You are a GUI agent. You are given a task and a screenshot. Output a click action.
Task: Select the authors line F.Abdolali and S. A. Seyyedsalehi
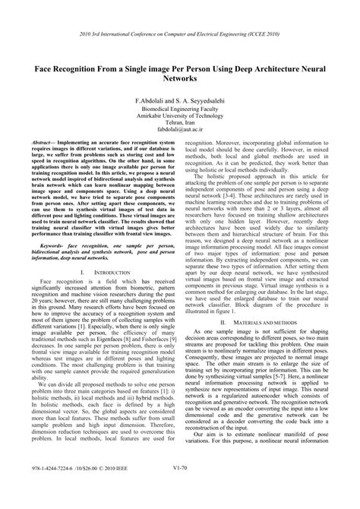pyautogui.click(x=180, y=100)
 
